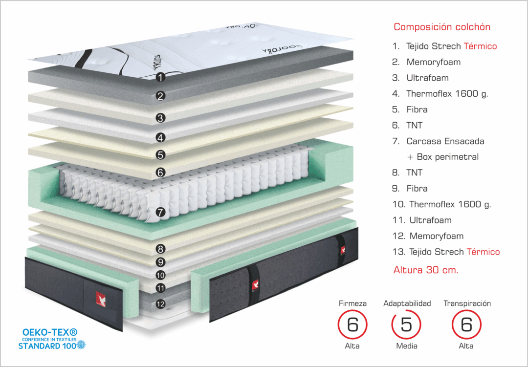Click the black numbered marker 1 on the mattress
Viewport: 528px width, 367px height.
(x=161, y=77)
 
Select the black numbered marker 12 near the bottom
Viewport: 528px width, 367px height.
(x=160, y=304)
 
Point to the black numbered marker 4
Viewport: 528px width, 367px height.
(x=160, y=138)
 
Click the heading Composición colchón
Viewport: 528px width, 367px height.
(x=442, y=27)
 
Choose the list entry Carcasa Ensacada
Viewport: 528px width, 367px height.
(x=445, y=141)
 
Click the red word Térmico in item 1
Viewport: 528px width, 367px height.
(x=480, y=46)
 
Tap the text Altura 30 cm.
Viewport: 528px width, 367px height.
(x=426, y=270)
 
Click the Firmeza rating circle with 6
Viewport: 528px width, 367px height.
(x=352, y=325)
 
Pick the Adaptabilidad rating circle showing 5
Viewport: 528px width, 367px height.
(x=407, y=325)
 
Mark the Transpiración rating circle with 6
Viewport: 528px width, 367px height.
(x=466, y=325)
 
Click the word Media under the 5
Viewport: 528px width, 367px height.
(x=407, y=346)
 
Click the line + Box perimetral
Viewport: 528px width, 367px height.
(x=442, y=157)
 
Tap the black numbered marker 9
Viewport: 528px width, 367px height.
(x=160, y=262)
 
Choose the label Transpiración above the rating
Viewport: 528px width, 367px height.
(x=467, y=303)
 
